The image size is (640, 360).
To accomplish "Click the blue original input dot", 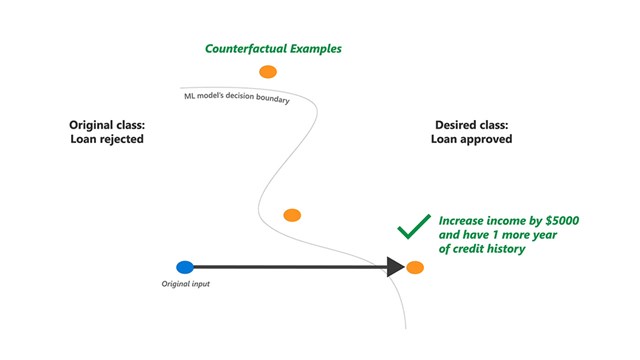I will click(x=185, y=267).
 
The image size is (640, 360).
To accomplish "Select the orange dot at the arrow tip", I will click(x=415, y=267).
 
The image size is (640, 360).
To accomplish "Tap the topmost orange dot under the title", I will click(x=267, y=72).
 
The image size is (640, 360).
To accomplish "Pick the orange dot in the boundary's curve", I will click(x=292, y=215).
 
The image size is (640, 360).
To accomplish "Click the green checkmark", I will click(x=413, y=227).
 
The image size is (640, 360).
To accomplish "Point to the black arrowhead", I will click(x=395, y=267).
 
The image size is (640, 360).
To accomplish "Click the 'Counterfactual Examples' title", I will click(x=273, y=48).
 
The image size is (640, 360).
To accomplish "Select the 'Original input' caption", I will click(x=186, y=285).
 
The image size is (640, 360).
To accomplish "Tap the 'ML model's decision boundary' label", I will click(x=236, y=98).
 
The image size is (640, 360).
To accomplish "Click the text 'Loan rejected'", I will click(x=107, y=140).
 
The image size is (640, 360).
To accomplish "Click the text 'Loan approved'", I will click(x=471, y=140).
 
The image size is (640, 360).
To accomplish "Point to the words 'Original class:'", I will click(x=107, y=125).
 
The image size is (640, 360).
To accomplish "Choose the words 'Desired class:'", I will click(x=471, y=125).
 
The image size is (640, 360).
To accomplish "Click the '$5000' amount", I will click(x=559, y=220).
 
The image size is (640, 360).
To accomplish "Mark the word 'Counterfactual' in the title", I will click(x=249, y=48).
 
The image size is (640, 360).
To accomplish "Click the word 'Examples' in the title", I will click(x=319, y=48).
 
